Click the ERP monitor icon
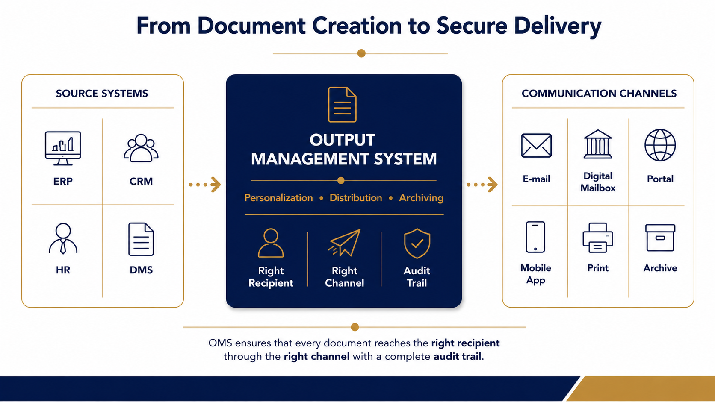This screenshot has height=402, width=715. click(x=63, y=148)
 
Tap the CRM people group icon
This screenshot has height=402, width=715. click(x=141, y=148)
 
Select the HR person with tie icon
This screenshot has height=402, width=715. click(x=63, y=238)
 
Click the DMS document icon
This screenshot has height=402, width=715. click(x=141, y=239)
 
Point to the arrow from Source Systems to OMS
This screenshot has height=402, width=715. click(x=205, y=185)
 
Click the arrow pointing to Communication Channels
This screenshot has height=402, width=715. click(x=482, y=185)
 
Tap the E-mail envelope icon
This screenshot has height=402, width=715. click(x=536, y=145)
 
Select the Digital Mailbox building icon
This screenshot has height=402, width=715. click(x=598, y=144)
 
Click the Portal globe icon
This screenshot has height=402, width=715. click(x=660, y=145)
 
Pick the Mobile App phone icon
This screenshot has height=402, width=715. click(x=535, y=237)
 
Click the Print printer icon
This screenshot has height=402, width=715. click(x=598, y=238)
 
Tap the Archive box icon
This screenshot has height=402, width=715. click(x=660, y=238)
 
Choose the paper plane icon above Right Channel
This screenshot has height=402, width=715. click(x=344, y=243)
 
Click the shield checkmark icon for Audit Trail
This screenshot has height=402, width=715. click(x=417, y=243)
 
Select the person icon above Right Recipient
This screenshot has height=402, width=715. click(x=271, y=243)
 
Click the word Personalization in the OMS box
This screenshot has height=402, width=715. click(x=278, y=198)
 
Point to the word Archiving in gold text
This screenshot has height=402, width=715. click(x=421, y=198)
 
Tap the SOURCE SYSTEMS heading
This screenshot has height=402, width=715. click(x=102, y=94)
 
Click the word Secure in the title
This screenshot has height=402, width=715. click(x=472, y=26)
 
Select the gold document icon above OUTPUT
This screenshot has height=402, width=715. click(x=342, y=105)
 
